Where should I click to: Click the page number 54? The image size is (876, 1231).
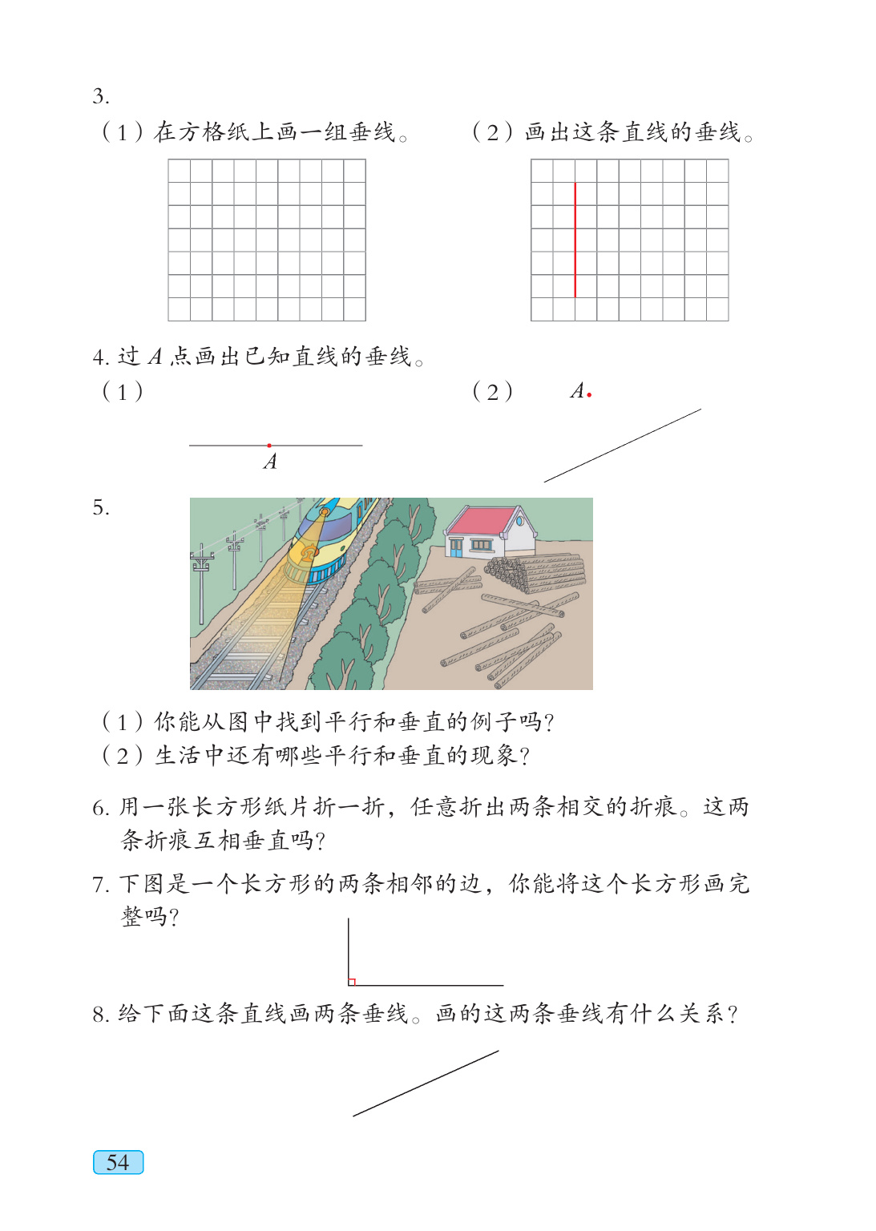[x=118, y=1162]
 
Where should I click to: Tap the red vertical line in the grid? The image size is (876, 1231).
[x=575, y=240]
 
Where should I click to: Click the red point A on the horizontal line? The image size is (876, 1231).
[x=269, y=445]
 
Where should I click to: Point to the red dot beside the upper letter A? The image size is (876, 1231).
[x=589, y=394]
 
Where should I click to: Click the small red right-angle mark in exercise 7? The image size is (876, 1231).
[x=352, y=982]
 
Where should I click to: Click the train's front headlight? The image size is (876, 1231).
[x=324, y=511]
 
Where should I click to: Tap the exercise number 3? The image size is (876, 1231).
[x=100, y=97]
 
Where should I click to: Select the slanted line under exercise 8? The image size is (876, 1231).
[x=426, y=1084]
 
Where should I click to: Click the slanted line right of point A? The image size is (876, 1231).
[x=623, y=446]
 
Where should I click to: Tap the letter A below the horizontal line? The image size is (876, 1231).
[x=271, y=462]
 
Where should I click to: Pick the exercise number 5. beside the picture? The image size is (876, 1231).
[x=100, y=508]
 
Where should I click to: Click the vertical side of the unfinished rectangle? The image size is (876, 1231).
[x=349, y=950]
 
